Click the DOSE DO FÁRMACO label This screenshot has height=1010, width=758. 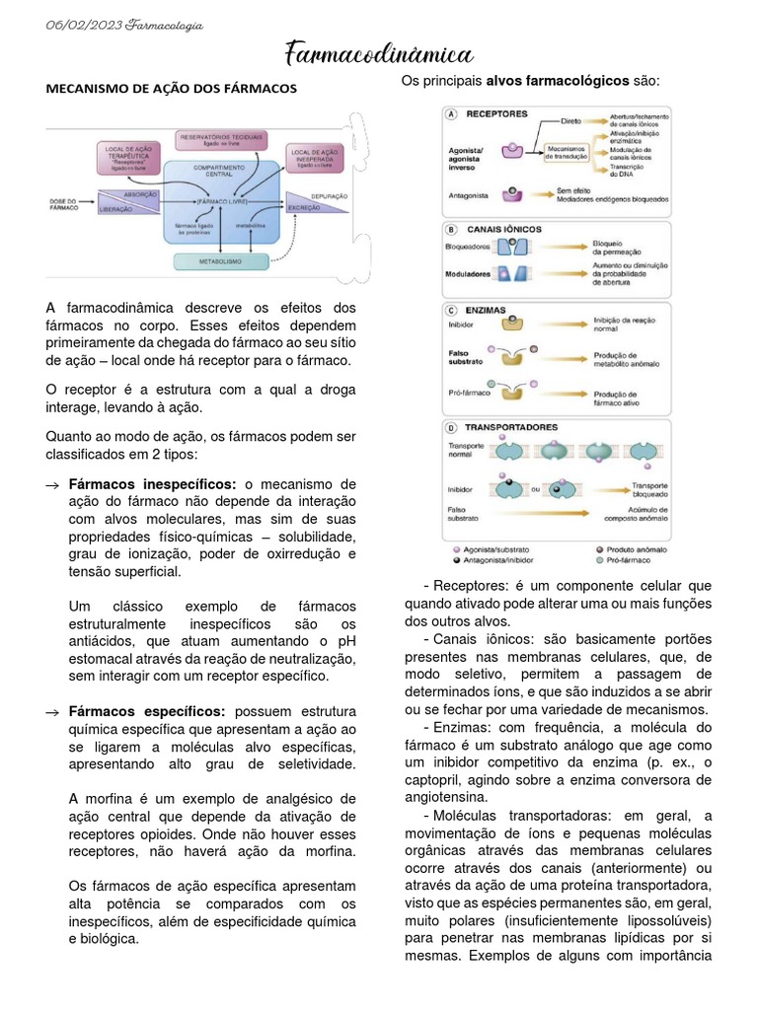click(x=63, y=204)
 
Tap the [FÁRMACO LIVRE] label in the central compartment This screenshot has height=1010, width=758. click(x=221, y=200)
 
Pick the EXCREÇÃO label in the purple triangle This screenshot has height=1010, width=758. click(x=303, y=208)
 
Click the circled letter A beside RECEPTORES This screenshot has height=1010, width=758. click(x=452, y=114)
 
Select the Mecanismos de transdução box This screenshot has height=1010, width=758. click(x=567, y=151)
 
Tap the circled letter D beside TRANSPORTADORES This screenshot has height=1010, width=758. click(x=452, y=428)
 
